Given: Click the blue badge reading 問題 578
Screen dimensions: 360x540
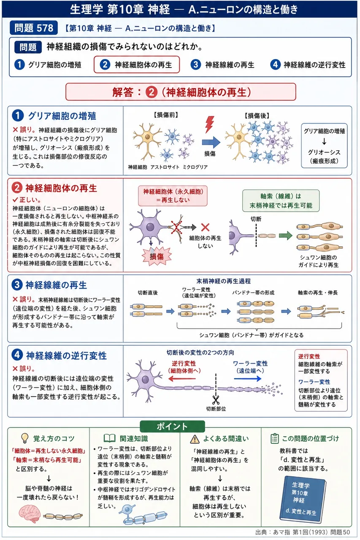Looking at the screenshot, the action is (34, 28).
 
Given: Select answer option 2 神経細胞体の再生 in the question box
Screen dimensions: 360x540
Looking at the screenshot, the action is (137, 65).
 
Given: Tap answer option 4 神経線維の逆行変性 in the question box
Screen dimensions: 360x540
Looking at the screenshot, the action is (308, 65).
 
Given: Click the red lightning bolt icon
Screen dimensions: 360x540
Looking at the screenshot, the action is (209, 124).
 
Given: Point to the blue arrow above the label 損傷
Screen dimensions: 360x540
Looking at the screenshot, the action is (211, 142).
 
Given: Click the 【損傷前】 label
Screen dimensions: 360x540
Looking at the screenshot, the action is (166, 115).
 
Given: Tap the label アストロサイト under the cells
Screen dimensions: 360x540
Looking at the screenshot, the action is (165, 167).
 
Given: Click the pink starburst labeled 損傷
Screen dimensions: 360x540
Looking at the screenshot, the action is (157, 256).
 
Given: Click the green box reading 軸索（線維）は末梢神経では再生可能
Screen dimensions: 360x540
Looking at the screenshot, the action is (281, 200).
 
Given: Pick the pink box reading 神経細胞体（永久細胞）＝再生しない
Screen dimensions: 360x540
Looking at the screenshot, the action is (173, 196).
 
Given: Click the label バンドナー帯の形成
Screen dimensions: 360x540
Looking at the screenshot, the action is (253, 293).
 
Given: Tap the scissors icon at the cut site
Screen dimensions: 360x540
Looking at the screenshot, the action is (216, 400).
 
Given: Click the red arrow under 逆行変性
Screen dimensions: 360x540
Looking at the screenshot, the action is (182, 379).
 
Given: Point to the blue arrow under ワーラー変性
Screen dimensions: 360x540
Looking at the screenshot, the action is (248, 379).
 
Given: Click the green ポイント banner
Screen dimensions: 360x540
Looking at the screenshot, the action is (172, 427).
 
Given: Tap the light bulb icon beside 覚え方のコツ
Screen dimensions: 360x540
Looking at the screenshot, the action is (25, 438).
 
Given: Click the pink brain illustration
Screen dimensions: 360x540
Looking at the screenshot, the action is (30, 514).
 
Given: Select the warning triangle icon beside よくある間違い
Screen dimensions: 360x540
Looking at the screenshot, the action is (195, 439).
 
